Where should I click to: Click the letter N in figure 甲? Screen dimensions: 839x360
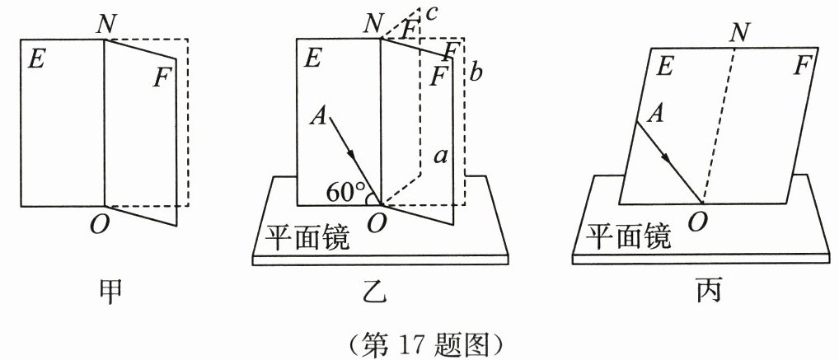[x=105, y=23]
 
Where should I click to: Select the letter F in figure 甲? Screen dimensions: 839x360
[x=162, y=78]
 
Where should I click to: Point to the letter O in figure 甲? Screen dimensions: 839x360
[x=99, y=224]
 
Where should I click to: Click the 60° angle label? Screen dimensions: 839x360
[x=344, y=193]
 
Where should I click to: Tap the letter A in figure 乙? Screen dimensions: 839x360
[x=317, y=117]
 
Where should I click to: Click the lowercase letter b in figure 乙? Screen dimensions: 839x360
[x=477, y=72]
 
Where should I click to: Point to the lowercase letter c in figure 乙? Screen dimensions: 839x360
[x=430, y=13]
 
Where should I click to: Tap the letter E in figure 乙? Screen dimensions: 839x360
[x=312, y=58]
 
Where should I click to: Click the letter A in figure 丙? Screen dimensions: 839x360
[x=657, y=114]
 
